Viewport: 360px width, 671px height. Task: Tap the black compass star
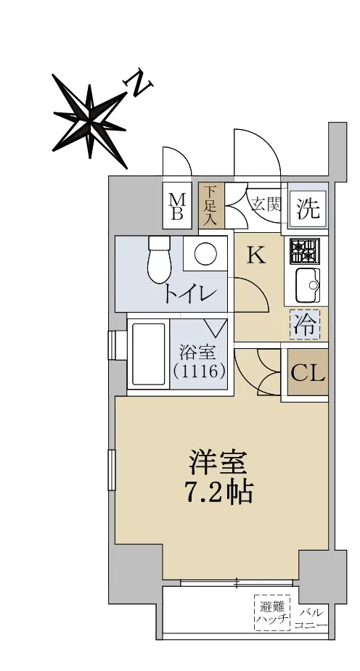(89, 121)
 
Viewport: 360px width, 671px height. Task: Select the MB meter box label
(177, 206)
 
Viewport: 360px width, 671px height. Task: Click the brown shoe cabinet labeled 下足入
(210, 206)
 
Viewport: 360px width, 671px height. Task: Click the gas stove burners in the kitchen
(305, 251)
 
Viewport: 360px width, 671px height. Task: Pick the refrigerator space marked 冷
(304, 325)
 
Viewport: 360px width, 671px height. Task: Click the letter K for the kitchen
(257, 256)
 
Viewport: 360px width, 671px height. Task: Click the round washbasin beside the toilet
(202, 254)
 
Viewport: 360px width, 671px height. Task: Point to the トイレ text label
(189, 294)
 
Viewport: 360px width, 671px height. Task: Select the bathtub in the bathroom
(148, 354)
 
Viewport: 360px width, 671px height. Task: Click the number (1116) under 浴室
(200, 371)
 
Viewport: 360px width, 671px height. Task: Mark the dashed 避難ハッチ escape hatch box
(272, 612)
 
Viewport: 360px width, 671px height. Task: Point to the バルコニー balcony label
(311, 619)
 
